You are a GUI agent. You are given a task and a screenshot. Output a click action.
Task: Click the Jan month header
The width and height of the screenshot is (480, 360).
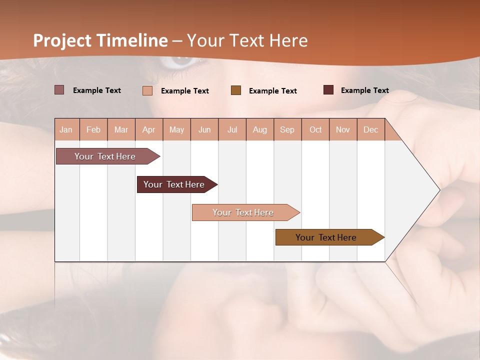click(66, 129)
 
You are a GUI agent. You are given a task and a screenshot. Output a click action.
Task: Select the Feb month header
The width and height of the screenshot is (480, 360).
click(93, 129)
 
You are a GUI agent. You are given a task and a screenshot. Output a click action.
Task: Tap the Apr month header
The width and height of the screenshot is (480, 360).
click(149, 129)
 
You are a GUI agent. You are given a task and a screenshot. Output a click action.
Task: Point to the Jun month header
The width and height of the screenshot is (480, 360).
click(204, 129)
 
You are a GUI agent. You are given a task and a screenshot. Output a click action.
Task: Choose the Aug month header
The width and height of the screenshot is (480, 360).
click(260, 129)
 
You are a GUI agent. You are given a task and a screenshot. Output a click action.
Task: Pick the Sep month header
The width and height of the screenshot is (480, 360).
click(287, 129)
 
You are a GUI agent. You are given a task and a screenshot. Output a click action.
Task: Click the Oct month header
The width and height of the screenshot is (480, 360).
click(315, 129)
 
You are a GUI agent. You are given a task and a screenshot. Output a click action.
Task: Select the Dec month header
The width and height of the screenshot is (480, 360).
click(371, 129)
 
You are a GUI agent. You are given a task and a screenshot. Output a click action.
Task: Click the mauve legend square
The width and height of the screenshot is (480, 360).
click(59, 90)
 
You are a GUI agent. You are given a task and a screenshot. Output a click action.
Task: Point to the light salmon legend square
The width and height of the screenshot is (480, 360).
click(147, 90)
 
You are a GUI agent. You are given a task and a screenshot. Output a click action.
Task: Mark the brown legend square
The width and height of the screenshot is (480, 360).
click(236, 90)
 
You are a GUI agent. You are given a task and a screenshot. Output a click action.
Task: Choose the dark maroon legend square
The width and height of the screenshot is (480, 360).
click(328, 90)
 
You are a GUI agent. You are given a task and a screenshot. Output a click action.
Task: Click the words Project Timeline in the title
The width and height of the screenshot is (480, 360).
click(100, 40)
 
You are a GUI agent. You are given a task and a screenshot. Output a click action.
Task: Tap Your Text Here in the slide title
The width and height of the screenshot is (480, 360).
click(247, 40)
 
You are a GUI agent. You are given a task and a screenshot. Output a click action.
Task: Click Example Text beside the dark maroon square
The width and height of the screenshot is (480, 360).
click(364, 90)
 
